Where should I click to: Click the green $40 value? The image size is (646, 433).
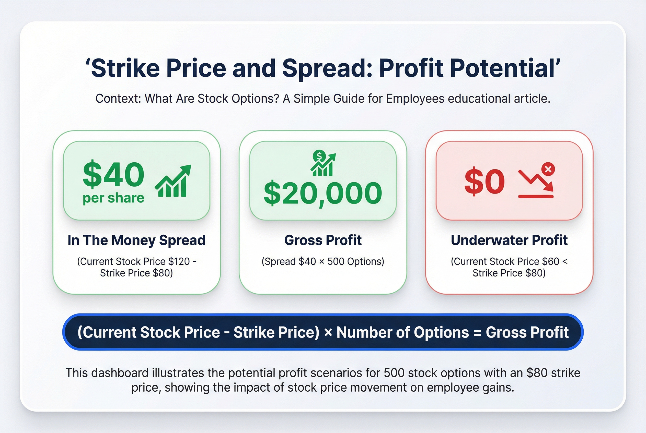click(113, 174)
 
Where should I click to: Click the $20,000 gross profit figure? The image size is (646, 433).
click(323, 193)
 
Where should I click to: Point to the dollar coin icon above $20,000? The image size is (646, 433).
click(319, 156)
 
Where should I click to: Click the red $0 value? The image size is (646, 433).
click(484, 182)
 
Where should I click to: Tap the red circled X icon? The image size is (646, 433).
click(548, 169)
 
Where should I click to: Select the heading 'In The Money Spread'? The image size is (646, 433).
click(136, 240)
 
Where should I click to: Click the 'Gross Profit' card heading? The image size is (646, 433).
click(323, 240)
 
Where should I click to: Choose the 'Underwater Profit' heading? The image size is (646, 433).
click(509, 240)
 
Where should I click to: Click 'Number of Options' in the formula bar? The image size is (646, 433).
click(403, 332)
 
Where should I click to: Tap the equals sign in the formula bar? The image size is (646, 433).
click(477, 332)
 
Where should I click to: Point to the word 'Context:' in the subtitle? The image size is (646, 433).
click(118, 99)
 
